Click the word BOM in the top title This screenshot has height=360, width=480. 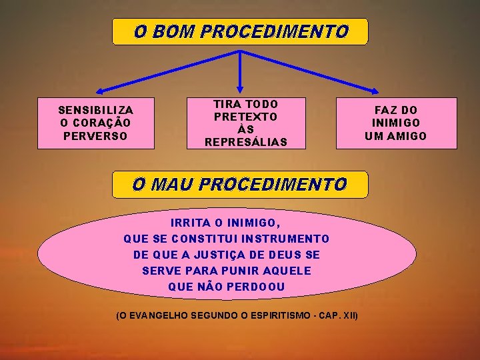click(x=173, y=31)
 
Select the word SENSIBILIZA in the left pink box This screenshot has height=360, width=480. click(x=96, y=110)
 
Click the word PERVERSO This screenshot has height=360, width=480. click(x=96, y=136)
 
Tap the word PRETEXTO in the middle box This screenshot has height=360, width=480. click(x=246, y=117)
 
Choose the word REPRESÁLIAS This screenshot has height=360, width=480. click(x=246, y=142)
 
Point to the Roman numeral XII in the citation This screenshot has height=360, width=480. click(x=349, y=314)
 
